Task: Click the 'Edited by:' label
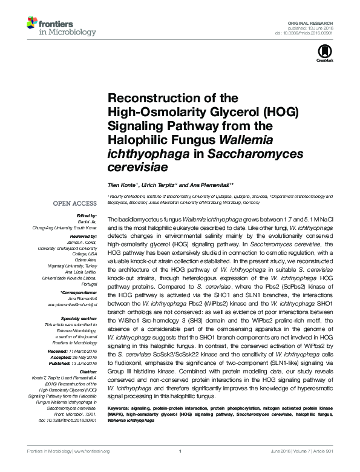[x=87, y=216]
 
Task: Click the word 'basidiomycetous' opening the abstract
[x=142, y=217]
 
